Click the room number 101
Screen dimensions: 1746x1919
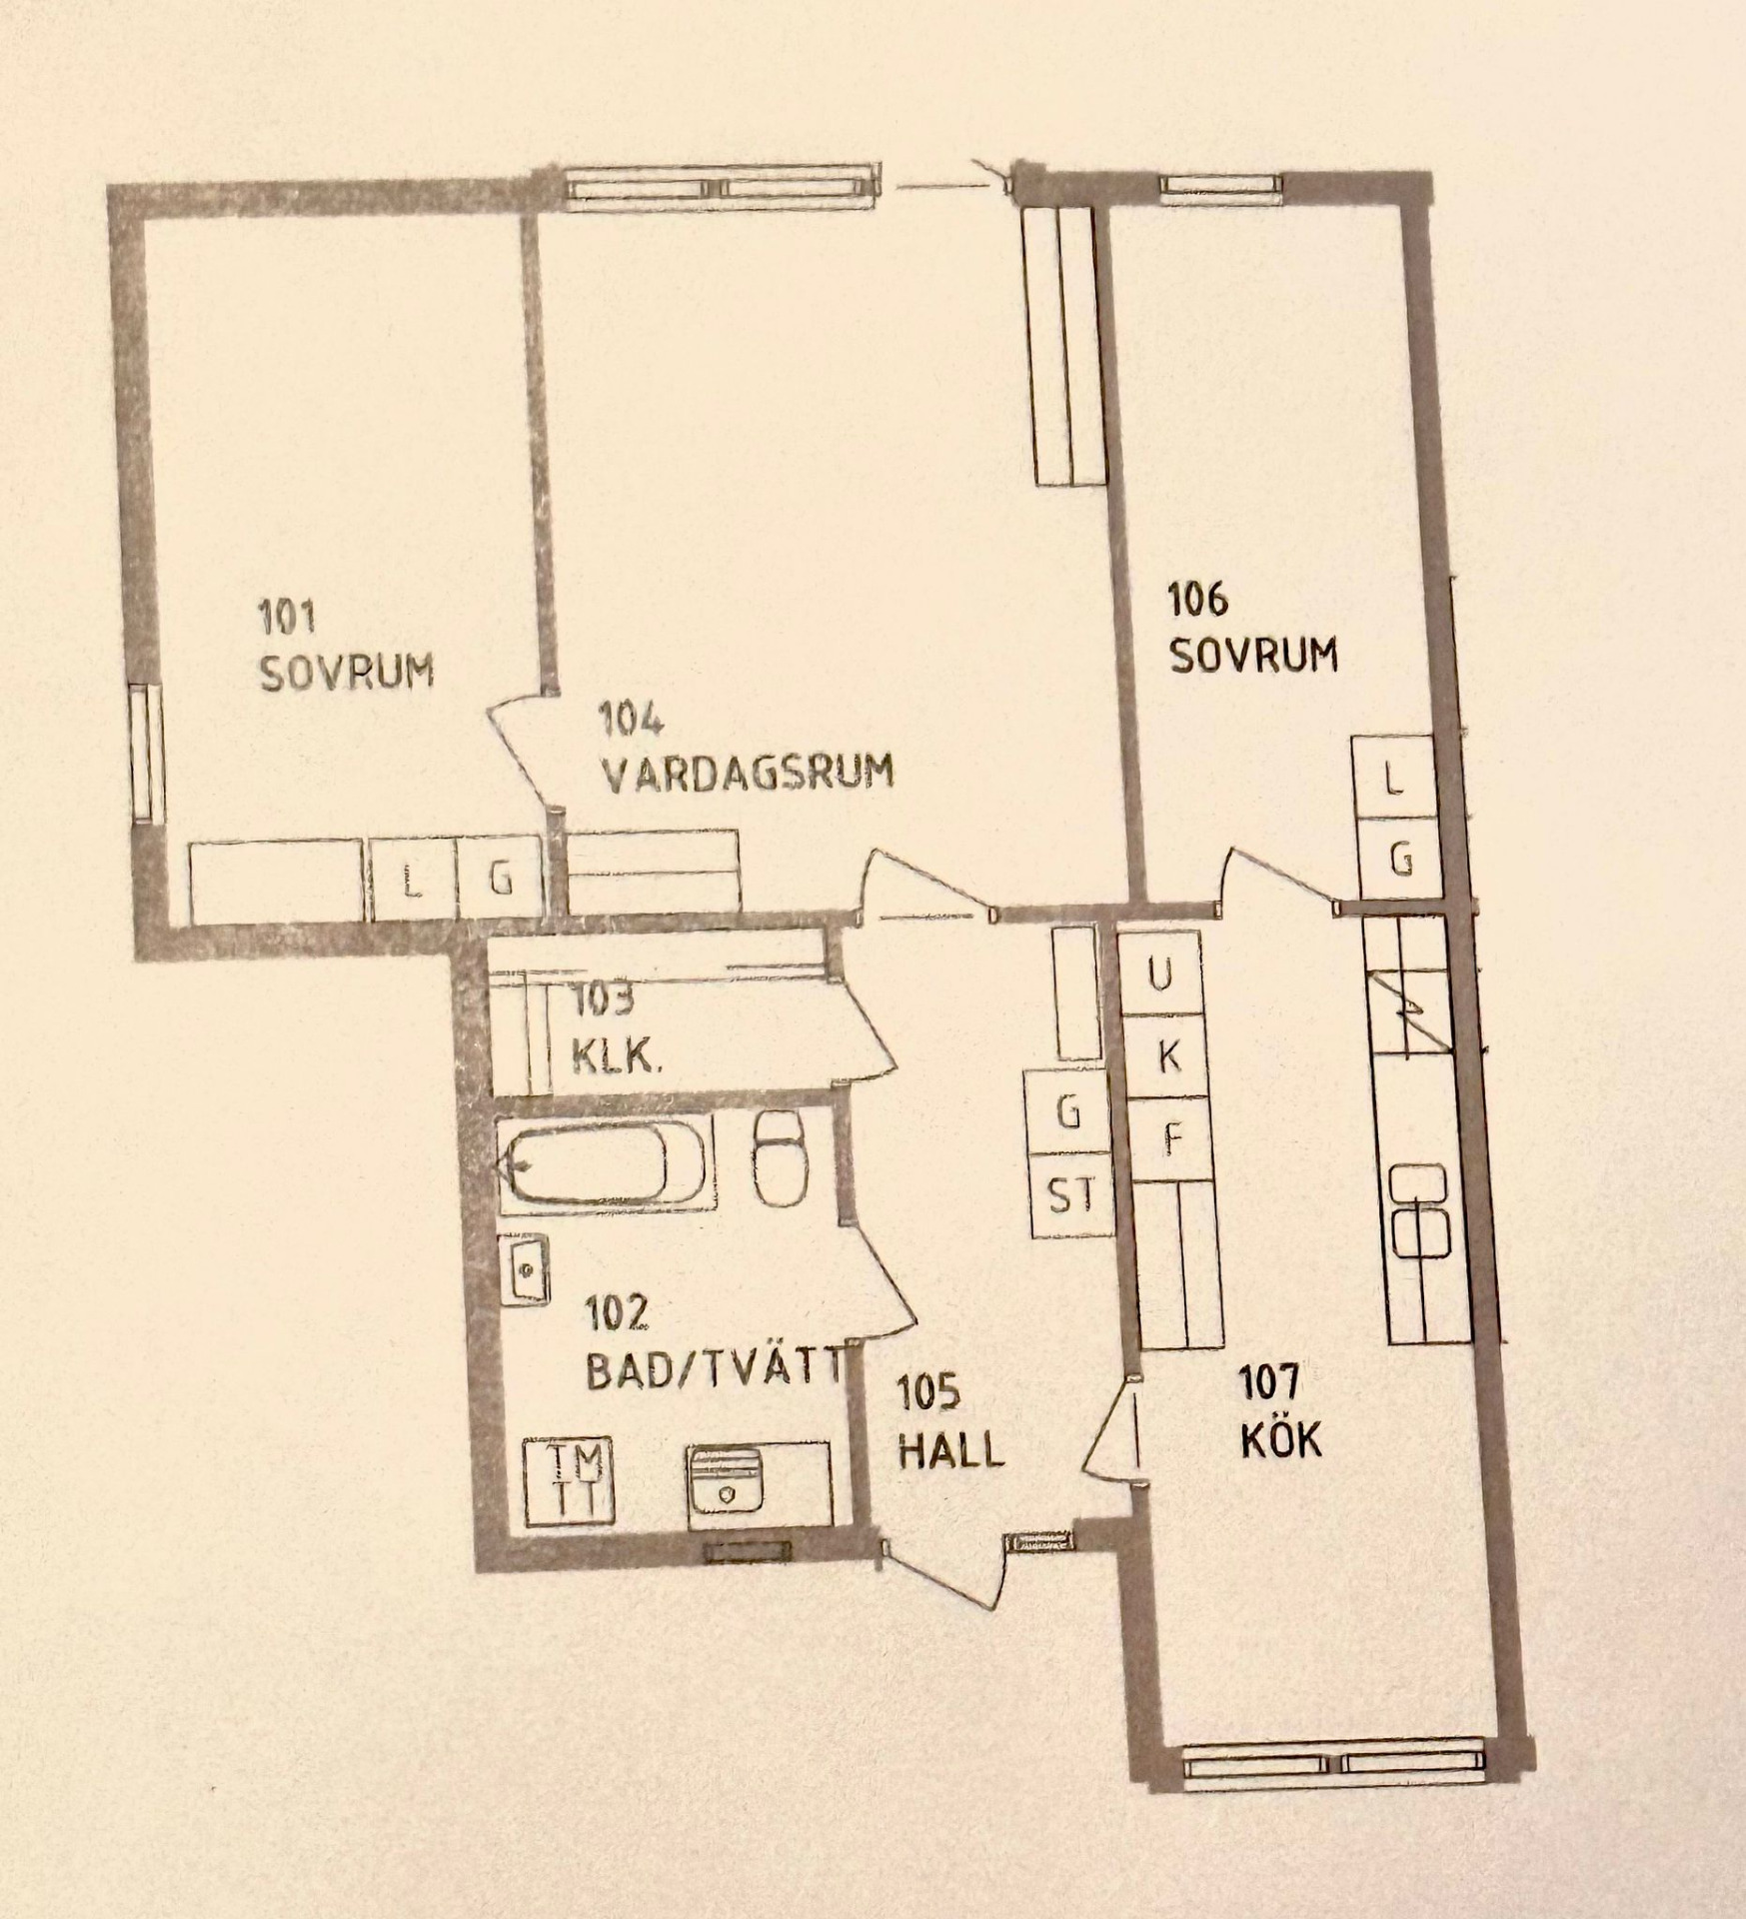(x=288, y=616)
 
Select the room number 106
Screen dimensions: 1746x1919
(x=1197, y=601)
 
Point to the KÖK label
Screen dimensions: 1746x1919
(x=1281, y=1440)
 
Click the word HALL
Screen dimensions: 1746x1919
(x=950, y=1450)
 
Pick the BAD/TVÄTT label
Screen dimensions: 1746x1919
(x=716, y=1372)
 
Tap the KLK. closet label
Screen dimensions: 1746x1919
(x=616, y=1055)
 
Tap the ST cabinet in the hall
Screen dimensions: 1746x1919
(x=1070, y=1195)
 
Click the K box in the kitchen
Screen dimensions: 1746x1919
(x=1166, y=1055)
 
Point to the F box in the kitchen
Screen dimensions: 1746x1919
(x=1171, y=1138)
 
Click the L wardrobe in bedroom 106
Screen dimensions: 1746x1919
(x=1395, y=780)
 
